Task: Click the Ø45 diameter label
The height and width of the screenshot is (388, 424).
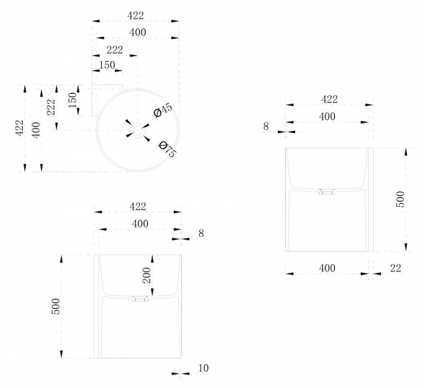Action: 163,110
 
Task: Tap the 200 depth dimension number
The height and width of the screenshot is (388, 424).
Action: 147,275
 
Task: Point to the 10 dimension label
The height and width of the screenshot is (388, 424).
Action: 204,368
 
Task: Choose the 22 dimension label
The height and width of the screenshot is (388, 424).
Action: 395,268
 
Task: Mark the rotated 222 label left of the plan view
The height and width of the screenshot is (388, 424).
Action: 51,107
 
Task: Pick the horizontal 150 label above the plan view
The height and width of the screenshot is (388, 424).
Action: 107,65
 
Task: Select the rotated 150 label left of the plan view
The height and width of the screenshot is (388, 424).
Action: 72,100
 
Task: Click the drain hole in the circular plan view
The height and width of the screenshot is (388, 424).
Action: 137,129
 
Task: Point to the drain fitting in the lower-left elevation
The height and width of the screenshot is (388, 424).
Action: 140,299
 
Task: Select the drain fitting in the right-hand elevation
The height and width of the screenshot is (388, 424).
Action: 327,192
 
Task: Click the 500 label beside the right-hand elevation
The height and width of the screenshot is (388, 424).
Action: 400,200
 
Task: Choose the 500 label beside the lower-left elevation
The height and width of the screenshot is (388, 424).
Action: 56,307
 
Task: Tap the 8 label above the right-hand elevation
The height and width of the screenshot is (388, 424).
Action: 266,126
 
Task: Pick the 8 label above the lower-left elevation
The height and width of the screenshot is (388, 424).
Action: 201,233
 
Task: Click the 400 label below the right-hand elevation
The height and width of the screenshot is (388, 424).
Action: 327,268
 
